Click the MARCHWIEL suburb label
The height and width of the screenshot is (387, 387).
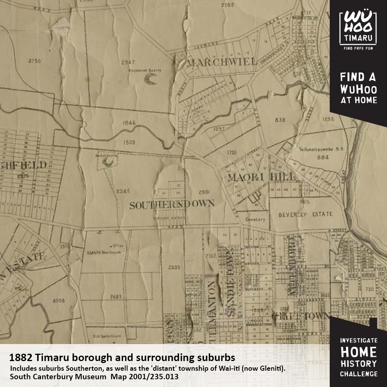[x=222, y=62]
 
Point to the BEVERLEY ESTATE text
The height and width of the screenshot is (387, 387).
[x=305, y=214]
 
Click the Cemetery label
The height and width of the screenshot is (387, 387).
[x=255, y=219]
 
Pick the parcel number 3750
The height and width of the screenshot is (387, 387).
[x=34, y=61]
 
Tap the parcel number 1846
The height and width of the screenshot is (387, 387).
[x=129, y=123]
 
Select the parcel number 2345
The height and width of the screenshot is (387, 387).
[x=123, y=191]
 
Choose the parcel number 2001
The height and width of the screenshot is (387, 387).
[x=204, y=192]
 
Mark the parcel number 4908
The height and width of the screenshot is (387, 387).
[x=58, y=300]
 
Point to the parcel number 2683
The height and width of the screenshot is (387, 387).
[x=116, y=296]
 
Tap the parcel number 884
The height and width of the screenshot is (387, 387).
[x=322, y=157]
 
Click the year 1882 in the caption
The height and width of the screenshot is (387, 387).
[x=20, y=355]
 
